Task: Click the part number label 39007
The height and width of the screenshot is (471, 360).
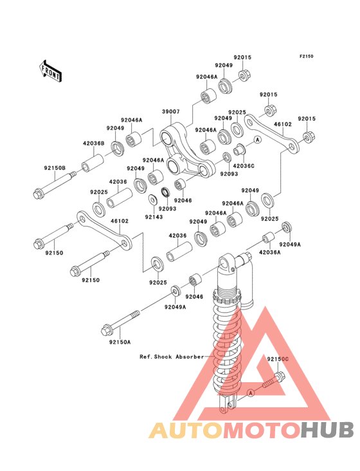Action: coord(171,111)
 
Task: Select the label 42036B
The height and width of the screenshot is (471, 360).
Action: coord(94,143)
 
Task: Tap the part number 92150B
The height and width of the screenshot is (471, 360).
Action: coord(55,168)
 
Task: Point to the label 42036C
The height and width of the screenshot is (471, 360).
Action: coord(244,166)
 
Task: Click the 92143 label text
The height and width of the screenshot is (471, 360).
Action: coord(154,217)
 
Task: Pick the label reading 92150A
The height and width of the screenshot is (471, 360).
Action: coord(120,342)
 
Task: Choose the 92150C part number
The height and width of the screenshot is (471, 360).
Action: coord(278,359)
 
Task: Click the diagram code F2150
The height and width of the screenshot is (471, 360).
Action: coord(306,56)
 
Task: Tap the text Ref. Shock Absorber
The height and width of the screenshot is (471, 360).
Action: coord(172,357)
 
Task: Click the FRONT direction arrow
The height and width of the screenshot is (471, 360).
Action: coord(50,71)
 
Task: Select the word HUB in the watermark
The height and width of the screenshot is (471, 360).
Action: coord(328,430)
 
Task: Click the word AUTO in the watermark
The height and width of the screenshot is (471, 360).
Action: coord(186,430)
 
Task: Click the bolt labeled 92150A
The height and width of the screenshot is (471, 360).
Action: coord(121,323)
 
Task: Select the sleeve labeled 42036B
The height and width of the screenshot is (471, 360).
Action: coord(93,163)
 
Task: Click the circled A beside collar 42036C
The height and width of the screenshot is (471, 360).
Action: coord(257,140)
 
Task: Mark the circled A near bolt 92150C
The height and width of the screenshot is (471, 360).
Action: coord(251,392)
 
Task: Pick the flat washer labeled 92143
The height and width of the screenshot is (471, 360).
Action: coord(153,199)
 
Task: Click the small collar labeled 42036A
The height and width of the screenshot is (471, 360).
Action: coord(268,237)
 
